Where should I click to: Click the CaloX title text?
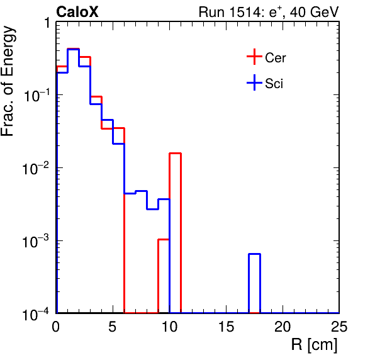[77, 12]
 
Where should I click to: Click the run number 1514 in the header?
[244, 12]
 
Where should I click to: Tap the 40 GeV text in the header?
[315, 12]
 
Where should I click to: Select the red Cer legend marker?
[254, 57]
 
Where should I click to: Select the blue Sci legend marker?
[254, 83]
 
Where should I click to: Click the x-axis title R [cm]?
[314, 345]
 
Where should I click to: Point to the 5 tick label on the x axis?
[113, 327]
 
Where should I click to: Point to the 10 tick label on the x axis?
[169, 327]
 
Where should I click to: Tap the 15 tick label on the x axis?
[227, 327]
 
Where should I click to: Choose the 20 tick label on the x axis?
[283, 327]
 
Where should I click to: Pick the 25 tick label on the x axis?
[339, 327]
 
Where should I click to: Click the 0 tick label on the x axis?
[56, 327]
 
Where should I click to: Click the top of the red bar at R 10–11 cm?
[176, 153]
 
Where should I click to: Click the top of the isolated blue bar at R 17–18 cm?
[254, 254]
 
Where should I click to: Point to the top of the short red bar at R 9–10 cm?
[164, 239]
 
